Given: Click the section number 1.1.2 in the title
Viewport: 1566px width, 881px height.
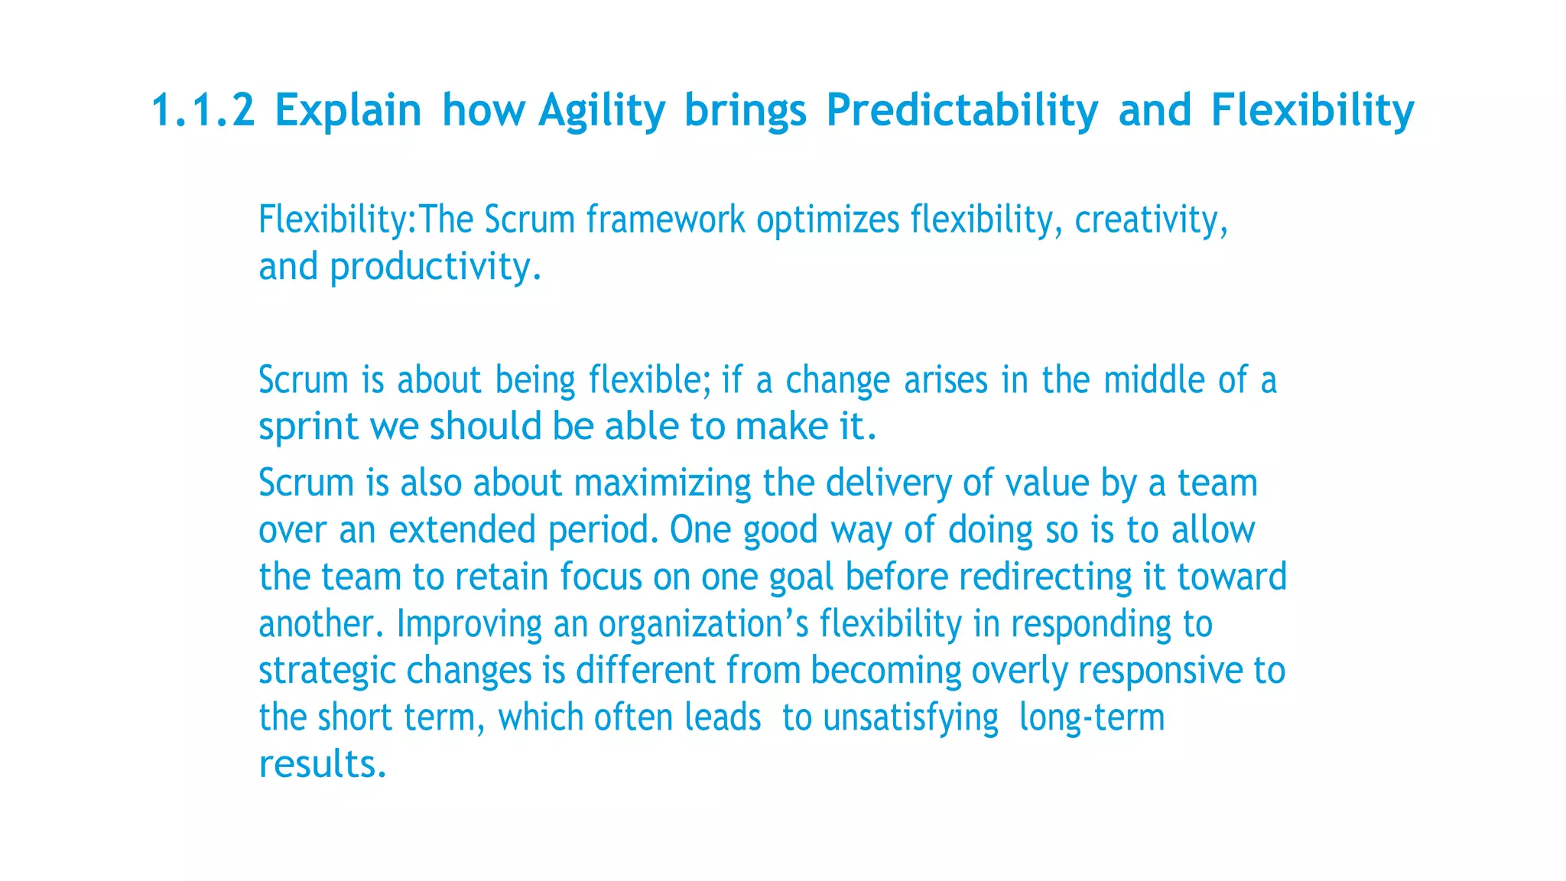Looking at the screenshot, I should [203, 110].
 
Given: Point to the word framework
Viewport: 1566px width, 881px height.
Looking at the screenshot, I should [665, 220].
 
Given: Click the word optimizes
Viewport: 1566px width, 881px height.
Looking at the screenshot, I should [828, 220].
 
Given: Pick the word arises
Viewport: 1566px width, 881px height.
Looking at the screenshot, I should [946, 381].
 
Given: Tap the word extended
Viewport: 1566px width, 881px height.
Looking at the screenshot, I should [462, 530].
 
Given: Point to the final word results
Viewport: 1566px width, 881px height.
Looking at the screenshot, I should [322, 765].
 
